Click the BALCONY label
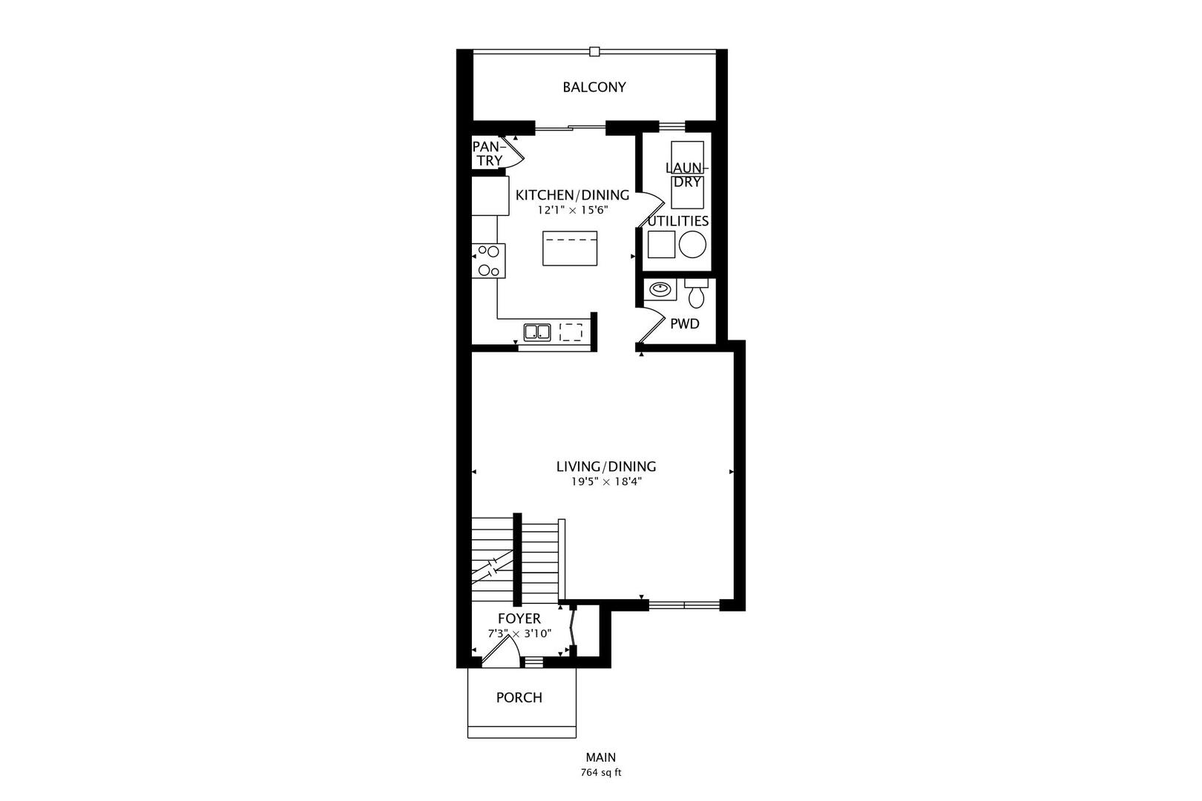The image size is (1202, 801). click(594, 87)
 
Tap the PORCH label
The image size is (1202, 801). click(519, 697)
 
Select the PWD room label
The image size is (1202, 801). click(684, 323)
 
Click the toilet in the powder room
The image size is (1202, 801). click(696, 295)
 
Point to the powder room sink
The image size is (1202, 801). click(659, 289)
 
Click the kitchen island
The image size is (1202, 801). click(570, 248)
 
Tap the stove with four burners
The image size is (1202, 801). click(489, 261)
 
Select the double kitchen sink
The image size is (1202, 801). click(536, 332)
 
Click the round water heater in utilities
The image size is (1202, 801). click(693, 243)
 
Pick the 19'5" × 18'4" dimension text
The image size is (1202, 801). click(606, 481)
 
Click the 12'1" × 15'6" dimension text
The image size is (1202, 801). click(573, 210)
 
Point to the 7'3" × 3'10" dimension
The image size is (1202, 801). click(519, 633)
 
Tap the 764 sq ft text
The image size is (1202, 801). click(600, 772)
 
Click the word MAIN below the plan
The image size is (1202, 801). click(600, 757)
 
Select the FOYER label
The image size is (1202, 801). click(519, 619)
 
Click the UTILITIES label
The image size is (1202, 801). click(677, 221)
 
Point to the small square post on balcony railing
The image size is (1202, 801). click(594, 51)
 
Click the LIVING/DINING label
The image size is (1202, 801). click(606, 467)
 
